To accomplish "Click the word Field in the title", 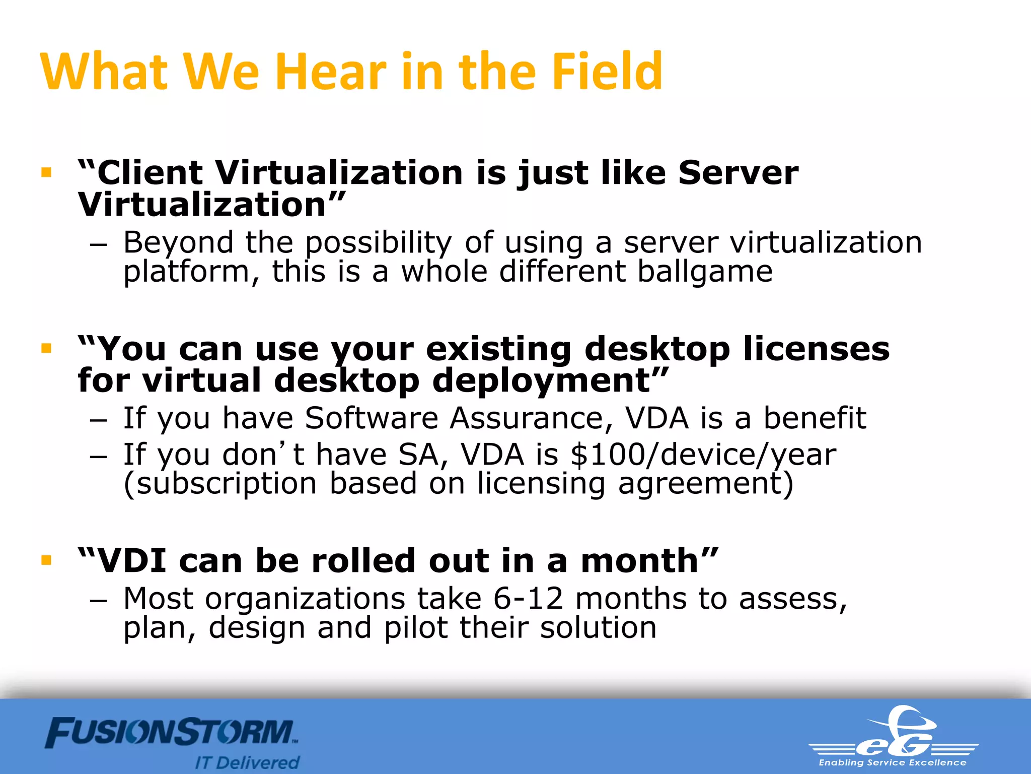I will click(x=607, y=72).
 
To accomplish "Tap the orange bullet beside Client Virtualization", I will click(x=47, y=173).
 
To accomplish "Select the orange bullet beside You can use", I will click(x=47, y=348).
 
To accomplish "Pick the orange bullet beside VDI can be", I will click(x=47, y=560).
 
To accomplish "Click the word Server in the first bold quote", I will click(x=738, y=173).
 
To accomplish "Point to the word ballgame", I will click(x=705, y=272).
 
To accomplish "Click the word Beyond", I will click(x=178, y=242).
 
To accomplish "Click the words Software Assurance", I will click(x=453, y=418).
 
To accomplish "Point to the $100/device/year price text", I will click(x=703, y=455).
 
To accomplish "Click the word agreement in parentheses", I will click(x=700, y=484).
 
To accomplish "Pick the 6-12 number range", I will click(x=528, y=599).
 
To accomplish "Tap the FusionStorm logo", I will click(x=171, y=733).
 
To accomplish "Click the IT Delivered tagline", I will click(x=247, y=762).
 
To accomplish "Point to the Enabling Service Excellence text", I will click(x=892, y=763).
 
